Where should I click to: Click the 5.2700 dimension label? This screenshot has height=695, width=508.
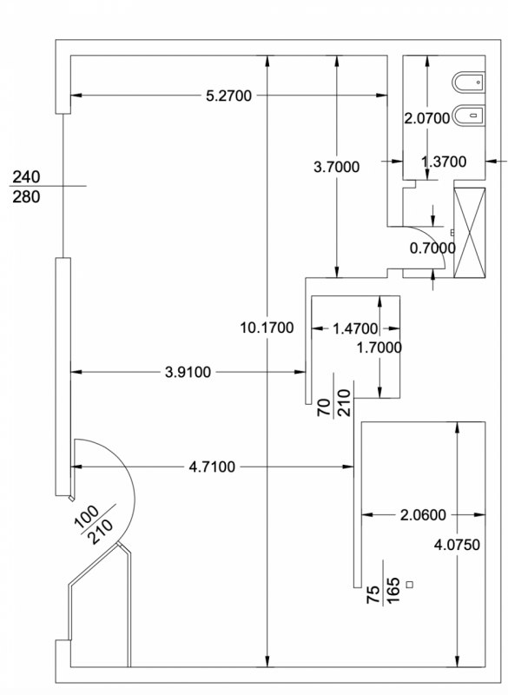coord(228,96)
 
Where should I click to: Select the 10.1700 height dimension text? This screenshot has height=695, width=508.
coord(267,328)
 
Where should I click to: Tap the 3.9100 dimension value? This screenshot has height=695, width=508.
coord(188,373)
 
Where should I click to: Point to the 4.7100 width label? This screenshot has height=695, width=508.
coord(212,467)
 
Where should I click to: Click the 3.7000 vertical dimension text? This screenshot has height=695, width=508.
coord(337,167)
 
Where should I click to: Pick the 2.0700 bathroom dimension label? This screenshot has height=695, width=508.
coord(427,118)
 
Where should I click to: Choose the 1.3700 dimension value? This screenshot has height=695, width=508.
coord(444,162)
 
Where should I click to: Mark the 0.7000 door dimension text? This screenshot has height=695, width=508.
coord(432,248)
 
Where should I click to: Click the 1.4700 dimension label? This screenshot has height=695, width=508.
coord(355,329)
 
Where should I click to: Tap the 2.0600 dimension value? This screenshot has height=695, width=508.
coord(423,515)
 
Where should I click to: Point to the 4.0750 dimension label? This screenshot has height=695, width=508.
coord(457,545)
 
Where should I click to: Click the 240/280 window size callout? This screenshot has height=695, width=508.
coord(27,187)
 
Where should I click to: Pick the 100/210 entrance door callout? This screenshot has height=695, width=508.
coord(94,526)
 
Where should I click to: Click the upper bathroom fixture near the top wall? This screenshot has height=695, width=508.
coord(468,83)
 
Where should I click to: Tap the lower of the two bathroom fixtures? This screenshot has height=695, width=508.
coord(468,116)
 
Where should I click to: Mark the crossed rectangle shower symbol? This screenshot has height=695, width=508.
coord(470,233)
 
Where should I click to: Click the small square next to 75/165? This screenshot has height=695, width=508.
coord(410,585)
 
